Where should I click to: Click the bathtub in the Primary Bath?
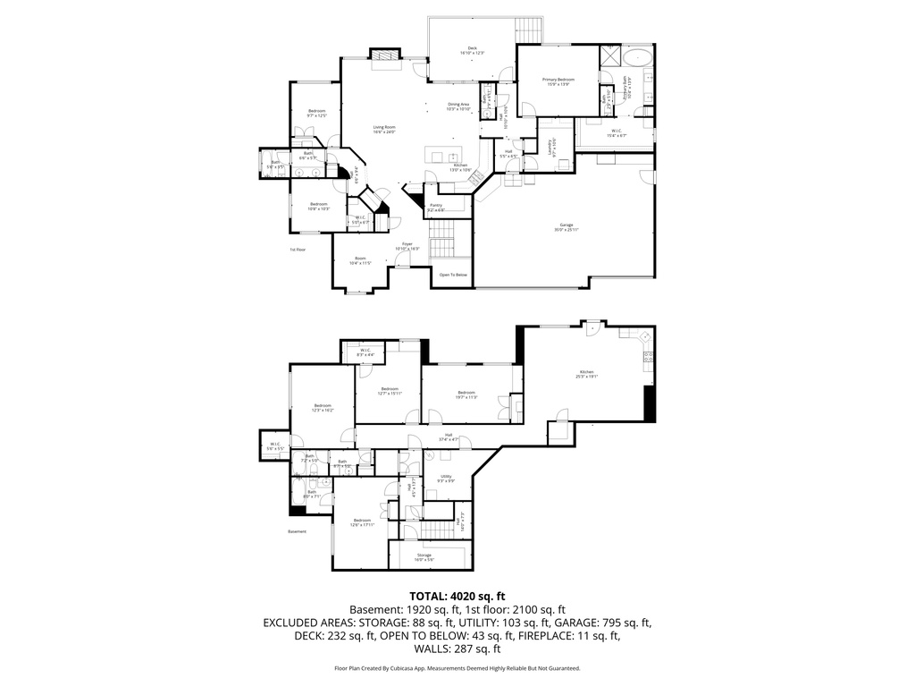click(x=638, y=58)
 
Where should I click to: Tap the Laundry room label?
click(x=555, y=141)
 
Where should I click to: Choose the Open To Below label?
click(x=452, y=275)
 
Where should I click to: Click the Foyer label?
click(x=407, y=244)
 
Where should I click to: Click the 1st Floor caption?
click(x=298, y=250)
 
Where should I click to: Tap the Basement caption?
click(x=297, y=531)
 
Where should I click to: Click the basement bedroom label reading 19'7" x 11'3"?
click(x=466, y=394)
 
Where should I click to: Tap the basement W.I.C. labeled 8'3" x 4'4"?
click(x=365, y=352)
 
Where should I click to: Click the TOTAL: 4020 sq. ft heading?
click(x=457, y=596)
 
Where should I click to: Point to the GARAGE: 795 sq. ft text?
click(x=614, y=623)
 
